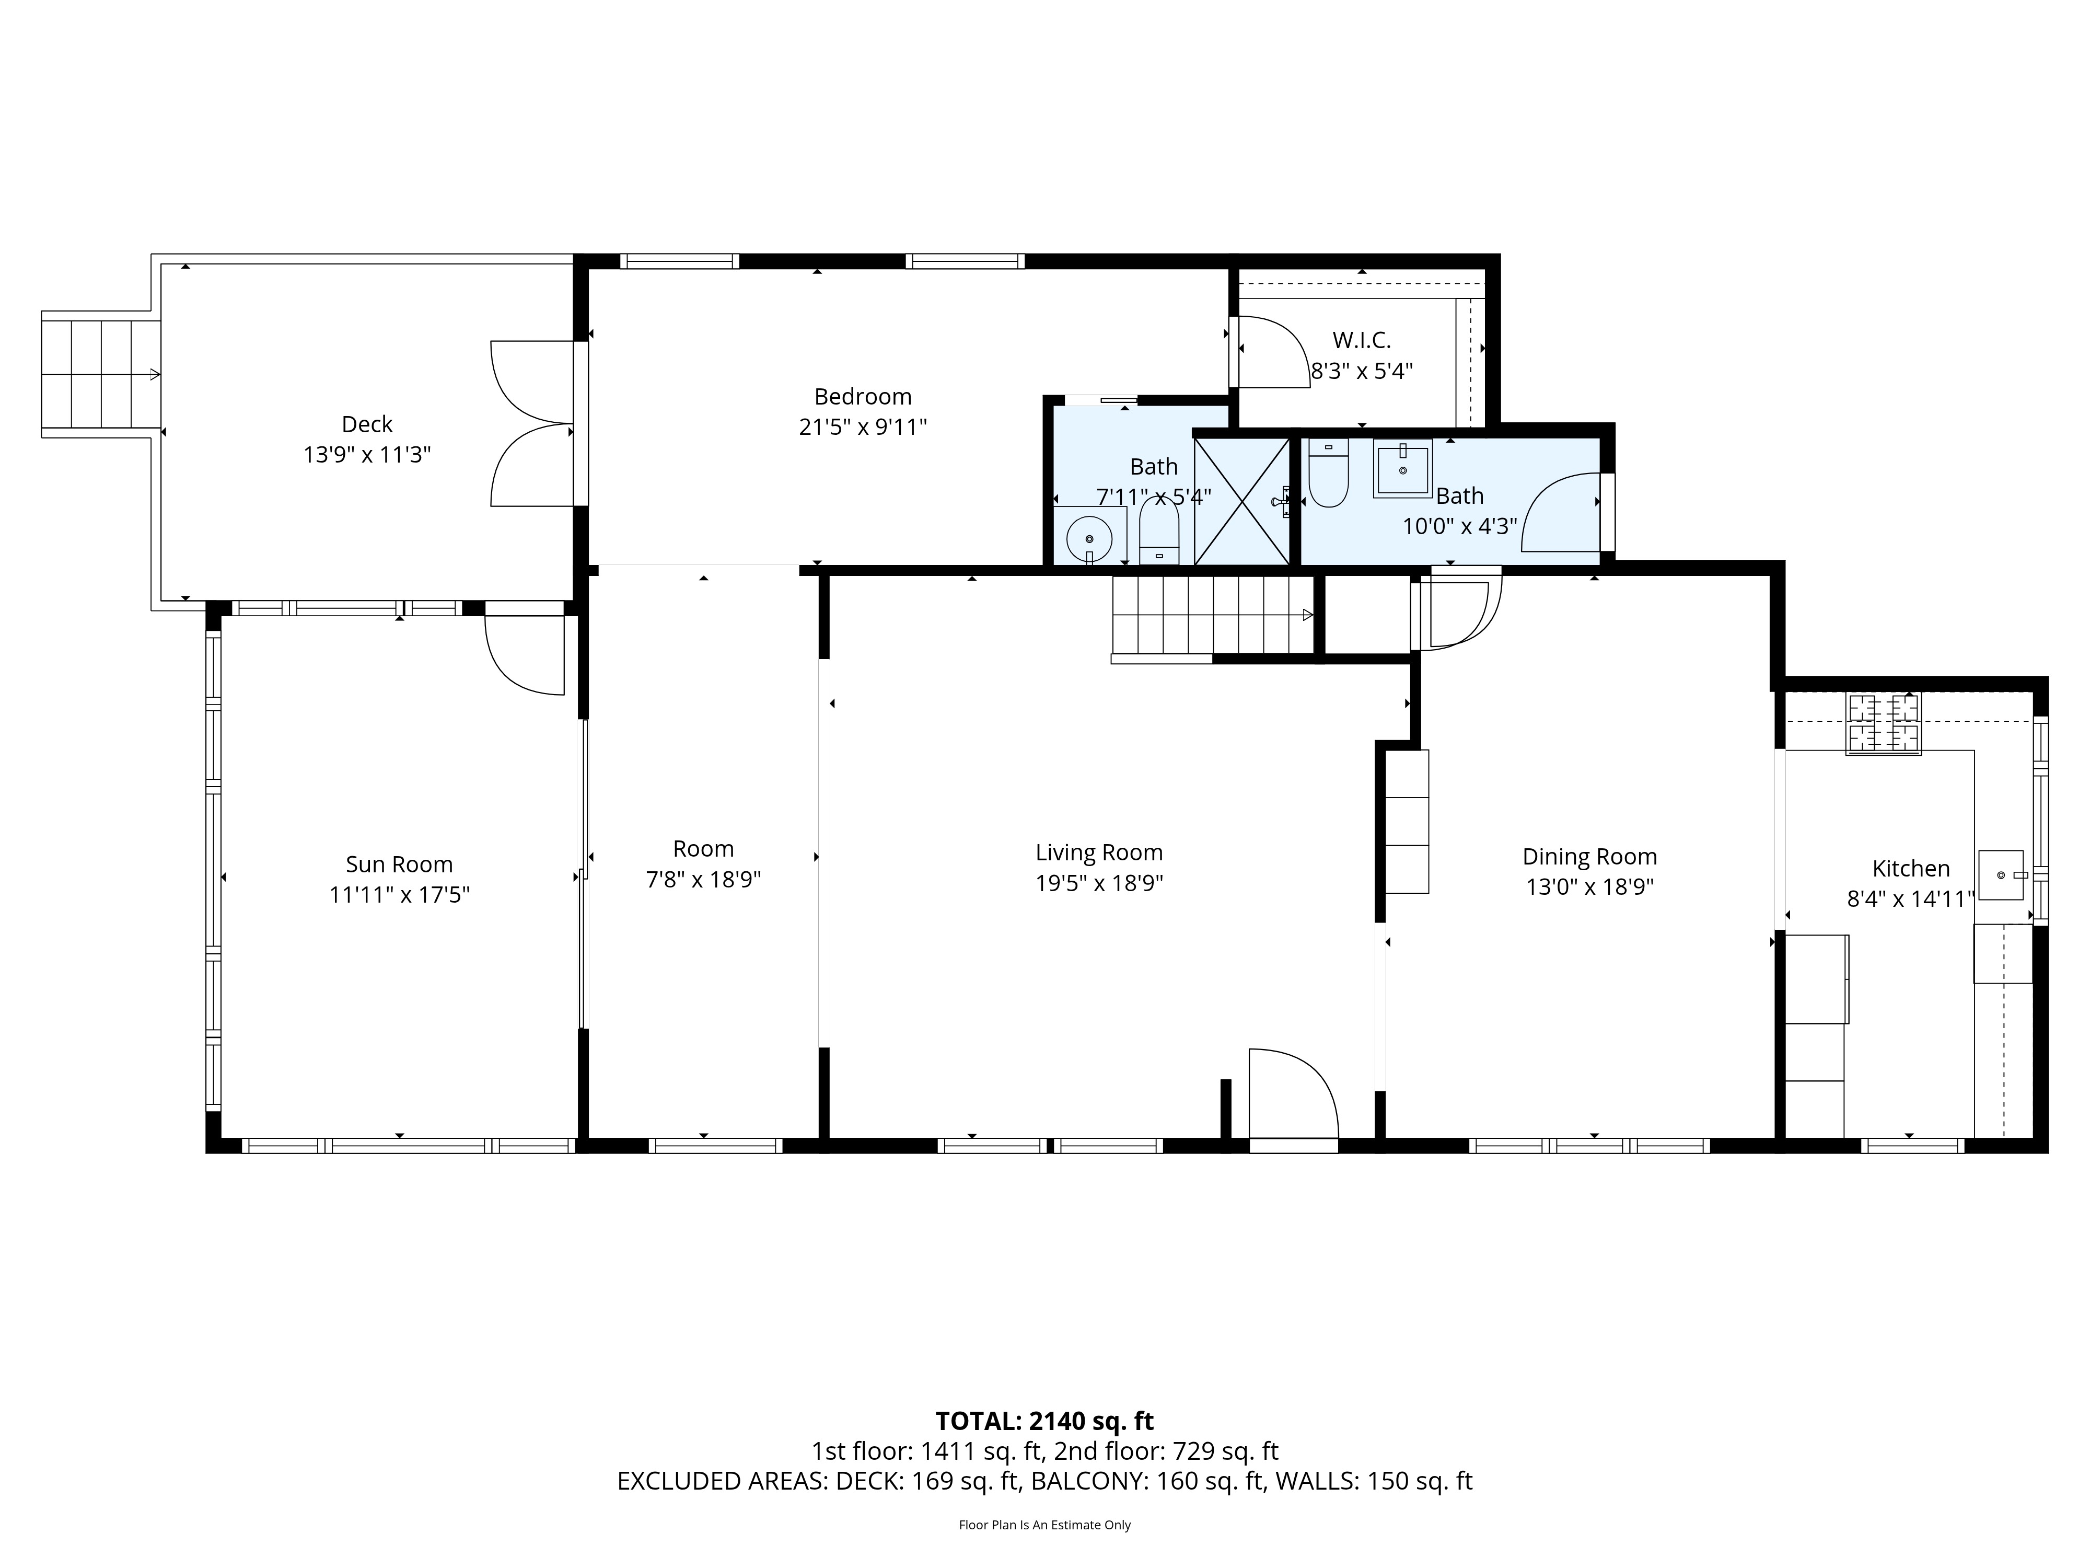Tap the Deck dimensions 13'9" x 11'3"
tap(367, 455)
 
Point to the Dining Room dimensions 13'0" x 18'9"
tap(1589, 886)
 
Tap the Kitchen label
tap(1910, 869)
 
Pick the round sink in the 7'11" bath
tap(1089, 538)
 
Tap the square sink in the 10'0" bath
tap(1403, 468)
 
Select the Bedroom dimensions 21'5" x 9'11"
tap(863, 427)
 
